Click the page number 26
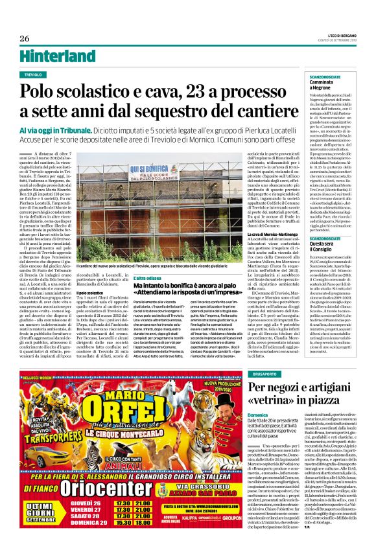(25, 38)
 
